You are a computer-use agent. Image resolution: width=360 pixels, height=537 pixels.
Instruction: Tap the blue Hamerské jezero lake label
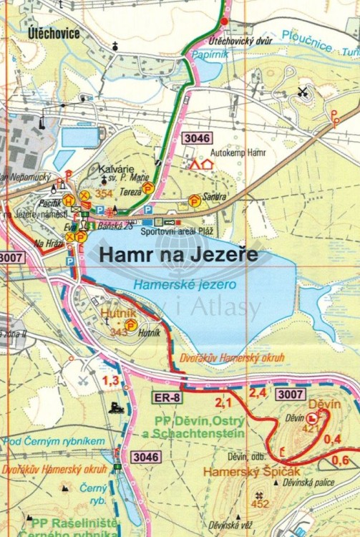[x=185, y=284]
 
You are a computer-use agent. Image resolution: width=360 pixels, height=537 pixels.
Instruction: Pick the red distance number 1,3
[x=110, y=381]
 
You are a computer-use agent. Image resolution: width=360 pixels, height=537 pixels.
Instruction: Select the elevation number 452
[x=260, y=504]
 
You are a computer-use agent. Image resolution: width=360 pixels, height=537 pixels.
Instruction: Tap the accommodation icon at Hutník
[x=130, y=324]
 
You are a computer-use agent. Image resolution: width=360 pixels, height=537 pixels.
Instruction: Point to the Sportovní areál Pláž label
[x=177, y=231]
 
